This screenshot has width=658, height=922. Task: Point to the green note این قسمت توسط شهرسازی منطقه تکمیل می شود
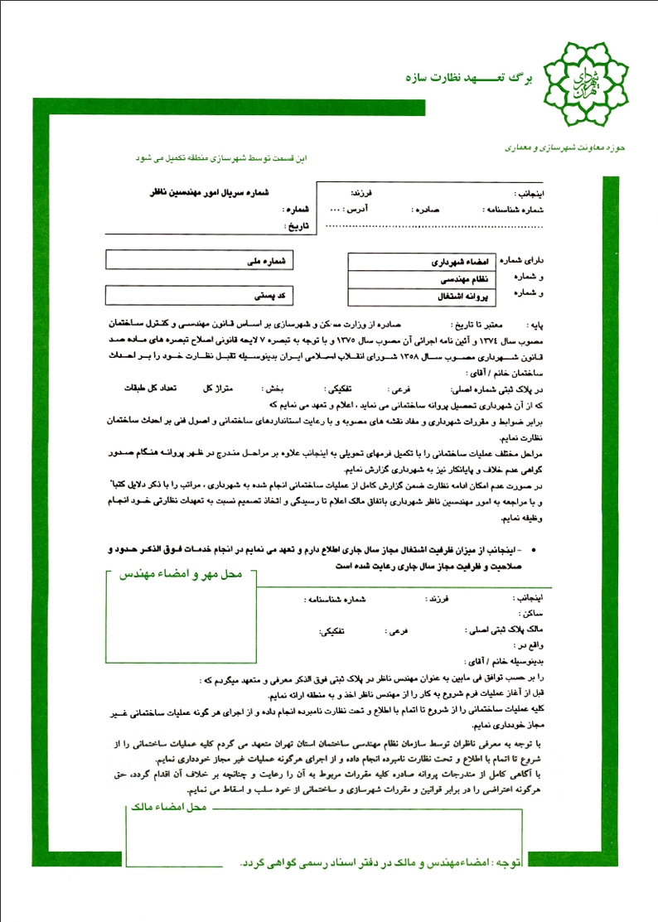(221, 157)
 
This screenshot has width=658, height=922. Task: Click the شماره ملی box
(202, 260)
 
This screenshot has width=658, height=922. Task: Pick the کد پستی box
(202, 295)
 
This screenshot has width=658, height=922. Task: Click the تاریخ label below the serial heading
(295, 224)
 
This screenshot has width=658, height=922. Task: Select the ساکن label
(530, 614)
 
